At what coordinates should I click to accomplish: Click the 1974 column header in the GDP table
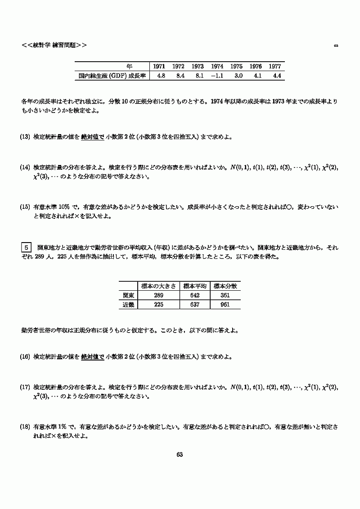pyautogui.click(x=217, y=66)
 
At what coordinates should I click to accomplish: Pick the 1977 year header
pyautogui.click(x=275, y=66)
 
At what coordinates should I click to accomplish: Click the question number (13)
pyautogui.click(x=25, y=137)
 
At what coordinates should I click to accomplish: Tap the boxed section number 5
pyautogui.click(x=27, y=248)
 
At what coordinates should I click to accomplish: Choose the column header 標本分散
pyautogui.click(x=225, y=286)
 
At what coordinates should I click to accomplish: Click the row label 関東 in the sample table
pyautogui.click(x=128, y=295)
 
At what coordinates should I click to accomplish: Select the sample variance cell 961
pyautogui.click(x=225, y=305)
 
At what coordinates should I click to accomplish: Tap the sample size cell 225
pyautogui.click(x=158, y=305)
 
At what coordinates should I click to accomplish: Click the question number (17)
pyautogui.click(x=25, y=387)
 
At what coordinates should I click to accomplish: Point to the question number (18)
pyautogui.click(x=25, y=425)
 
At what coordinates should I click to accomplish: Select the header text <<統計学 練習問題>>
pyautogui.click(x=54, y=45)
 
